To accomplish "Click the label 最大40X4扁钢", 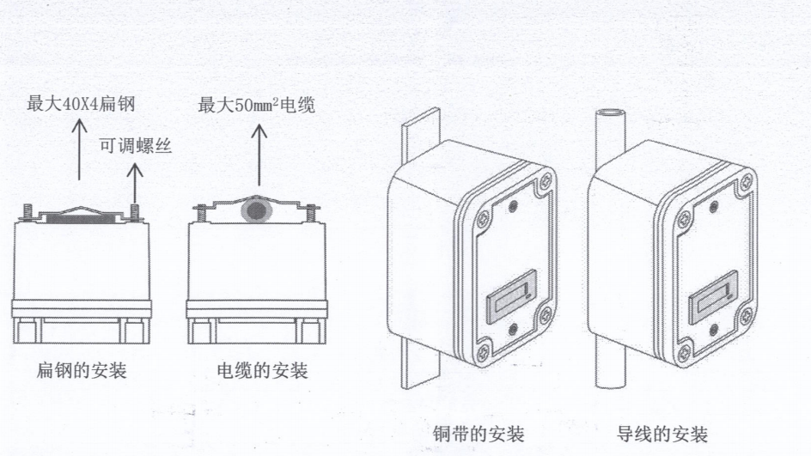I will pyautogui.click(x=82, y=106).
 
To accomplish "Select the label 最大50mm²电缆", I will pyautogui.click(x=257, y=106).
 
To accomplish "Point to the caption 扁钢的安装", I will pyautogui.click(x=82, y=371).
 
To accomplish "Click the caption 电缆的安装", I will pyautogui.click(x=261, y=371).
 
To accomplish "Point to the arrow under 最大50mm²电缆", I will pyautogui.click(x=259, y=155).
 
